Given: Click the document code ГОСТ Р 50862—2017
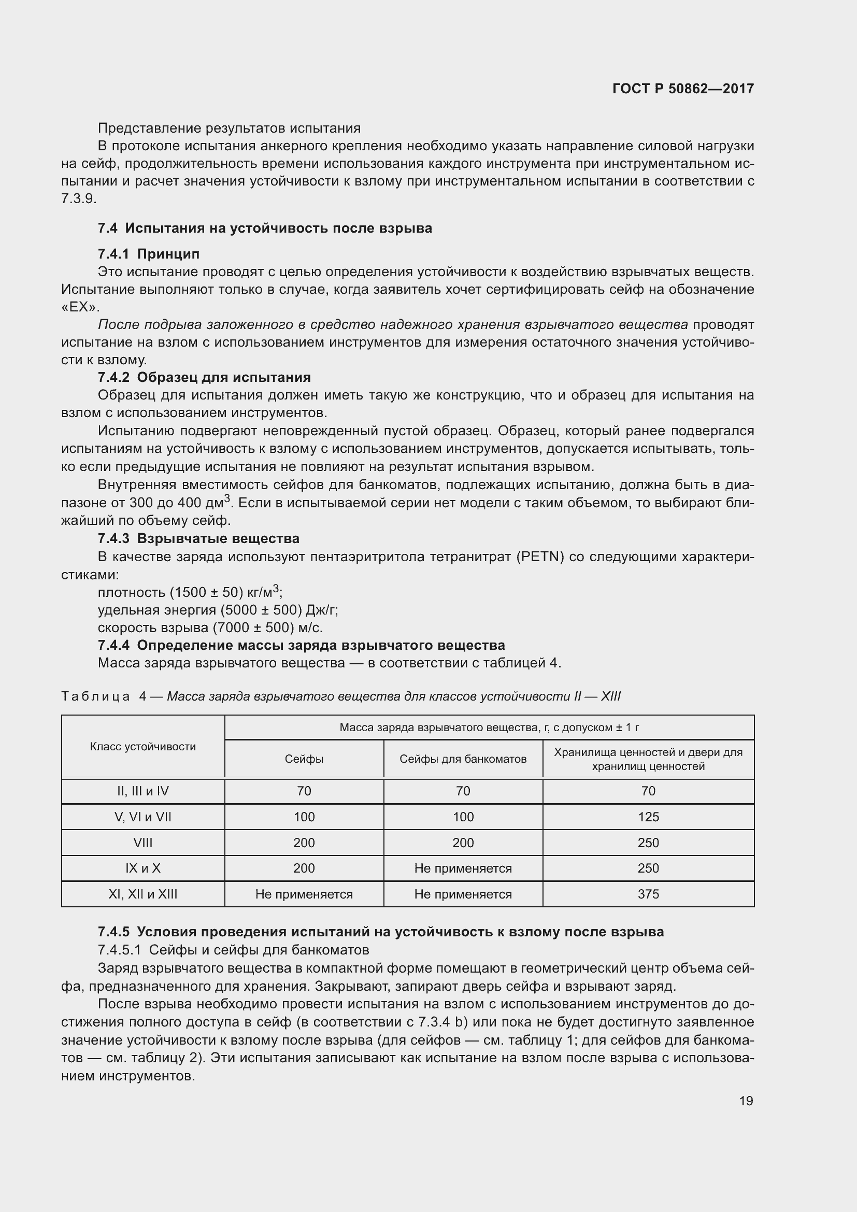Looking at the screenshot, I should click(x=683, y=89).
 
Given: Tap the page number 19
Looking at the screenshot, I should click(x=746, y=1101).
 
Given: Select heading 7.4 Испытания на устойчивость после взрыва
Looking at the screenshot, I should click(x=264, y=228).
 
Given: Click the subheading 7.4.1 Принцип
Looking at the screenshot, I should click(x=148, y=254).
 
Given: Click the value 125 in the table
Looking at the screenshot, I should click(x=648, y=817).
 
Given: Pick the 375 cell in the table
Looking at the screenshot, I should click(x=648, y=894).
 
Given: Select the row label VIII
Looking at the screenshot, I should click(x=142, y=843).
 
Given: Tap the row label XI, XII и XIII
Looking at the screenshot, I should click(x=142, y=894).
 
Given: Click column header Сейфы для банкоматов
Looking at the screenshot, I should click(x=463, y=759).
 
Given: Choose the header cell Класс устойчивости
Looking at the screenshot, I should click(x=142, y=746).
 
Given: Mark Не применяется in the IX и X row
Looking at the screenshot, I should click(x=463, y=868).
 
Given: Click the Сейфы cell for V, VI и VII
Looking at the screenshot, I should click(x=304, y=817).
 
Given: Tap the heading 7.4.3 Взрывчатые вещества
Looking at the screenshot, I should click(x=198, y=538).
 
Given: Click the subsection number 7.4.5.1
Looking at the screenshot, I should click(x=119, y=950).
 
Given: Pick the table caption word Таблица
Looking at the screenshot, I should click(x=95, y=696).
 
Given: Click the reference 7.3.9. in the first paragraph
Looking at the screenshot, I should click(x=79, y=199).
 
